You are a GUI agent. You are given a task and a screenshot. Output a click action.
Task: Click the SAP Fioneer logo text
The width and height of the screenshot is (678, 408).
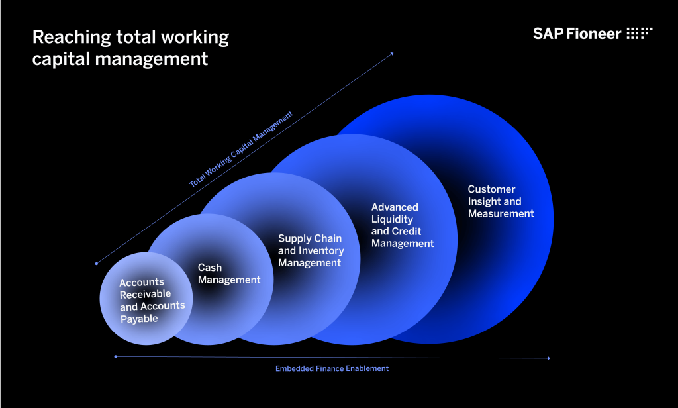pyautogui.click(x=577, y=34)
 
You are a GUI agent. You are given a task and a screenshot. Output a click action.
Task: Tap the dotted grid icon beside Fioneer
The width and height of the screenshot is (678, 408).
pyautogui.click(x=640, y=33)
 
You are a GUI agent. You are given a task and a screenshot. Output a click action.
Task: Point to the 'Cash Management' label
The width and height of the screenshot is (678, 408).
pyautogui.click(x=229, y=274)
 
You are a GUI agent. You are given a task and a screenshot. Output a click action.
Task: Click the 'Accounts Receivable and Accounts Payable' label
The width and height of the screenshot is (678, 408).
pyautogui.click(x=152, y=300)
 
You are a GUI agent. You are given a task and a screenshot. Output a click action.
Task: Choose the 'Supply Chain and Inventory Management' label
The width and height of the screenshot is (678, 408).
pyautogui.click(x=311, y=250)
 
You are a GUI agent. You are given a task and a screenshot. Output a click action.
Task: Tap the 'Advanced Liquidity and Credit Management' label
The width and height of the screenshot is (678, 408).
pyautogui.click(x=402, y=225)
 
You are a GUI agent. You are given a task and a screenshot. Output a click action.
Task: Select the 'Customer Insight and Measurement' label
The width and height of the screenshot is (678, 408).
pyautogui.click(x=501, y=201)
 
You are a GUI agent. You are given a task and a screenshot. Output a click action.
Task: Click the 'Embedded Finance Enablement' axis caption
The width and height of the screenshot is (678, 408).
pyautogui.click(x=332, y=368)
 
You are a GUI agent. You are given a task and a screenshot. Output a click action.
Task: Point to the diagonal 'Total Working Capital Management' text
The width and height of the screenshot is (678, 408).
pyautogui.click(x=241, y=149)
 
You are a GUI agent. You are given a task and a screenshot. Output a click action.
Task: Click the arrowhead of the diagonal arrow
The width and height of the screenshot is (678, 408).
pyautogui.click(x=392, y=54)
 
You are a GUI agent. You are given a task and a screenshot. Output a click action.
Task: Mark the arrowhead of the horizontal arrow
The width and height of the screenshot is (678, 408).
pyautogui.click(x=549, y=358)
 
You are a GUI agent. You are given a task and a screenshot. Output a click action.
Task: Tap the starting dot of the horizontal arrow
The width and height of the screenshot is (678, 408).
pyautogui.click(x=115, y=357)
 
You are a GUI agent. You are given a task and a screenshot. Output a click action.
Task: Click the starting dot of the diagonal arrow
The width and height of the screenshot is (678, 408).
pyautogui.click(x=97, y=263)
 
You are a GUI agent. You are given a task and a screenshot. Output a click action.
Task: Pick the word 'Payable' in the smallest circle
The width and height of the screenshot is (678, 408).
pyautogui.click(x=139, y=319)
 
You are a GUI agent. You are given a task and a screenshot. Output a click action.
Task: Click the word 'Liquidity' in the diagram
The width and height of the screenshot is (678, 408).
pyautogui.click(x=392, y=219)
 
